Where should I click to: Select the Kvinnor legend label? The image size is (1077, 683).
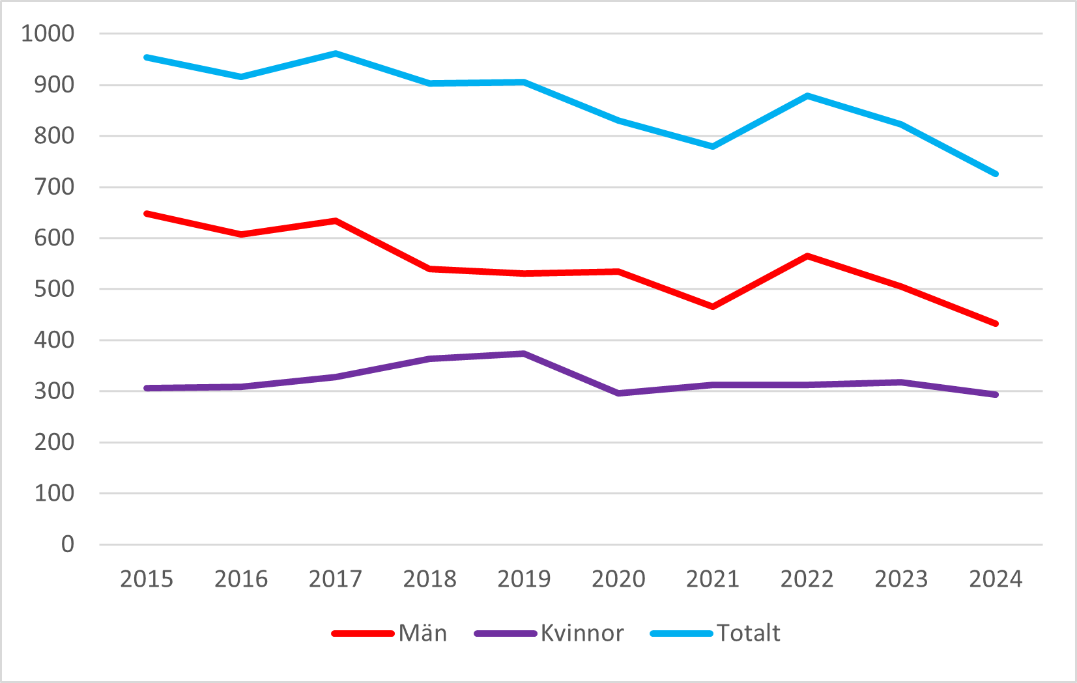click(582, 633)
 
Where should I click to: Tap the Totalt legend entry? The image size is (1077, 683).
click(748, 633)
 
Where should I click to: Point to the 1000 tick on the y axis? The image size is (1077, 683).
click(48, 33)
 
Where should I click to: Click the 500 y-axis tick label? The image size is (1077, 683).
click(54, 289)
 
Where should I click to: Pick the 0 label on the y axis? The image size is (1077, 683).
click(68, 544)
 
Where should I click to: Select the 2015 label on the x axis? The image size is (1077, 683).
click(147, 579)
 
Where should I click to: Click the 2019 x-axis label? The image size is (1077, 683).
click(524, 579)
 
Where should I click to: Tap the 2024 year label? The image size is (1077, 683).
click(996, 579)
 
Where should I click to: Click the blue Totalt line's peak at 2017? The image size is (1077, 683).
click(336, 53)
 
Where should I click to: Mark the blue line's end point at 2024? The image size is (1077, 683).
click(996, 174)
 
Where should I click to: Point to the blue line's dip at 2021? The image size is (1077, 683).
click(713, 146)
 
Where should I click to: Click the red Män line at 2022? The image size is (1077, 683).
click(807, 256)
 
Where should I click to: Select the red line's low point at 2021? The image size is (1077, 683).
click(713, 307)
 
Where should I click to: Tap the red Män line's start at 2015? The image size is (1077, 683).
click(147, 214)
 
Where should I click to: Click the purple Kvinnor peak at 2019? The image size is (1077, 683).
click(524, 354)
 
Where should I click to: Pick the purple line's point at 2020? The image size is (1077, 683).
click(618, 393)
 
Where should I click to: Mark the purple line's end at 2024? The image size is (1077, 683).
click(996, 395)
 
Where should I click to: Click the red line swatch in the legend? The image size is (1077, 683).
click(363, 634)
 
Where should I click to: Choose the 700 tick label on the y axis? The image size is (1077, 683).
click(54, 187)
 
